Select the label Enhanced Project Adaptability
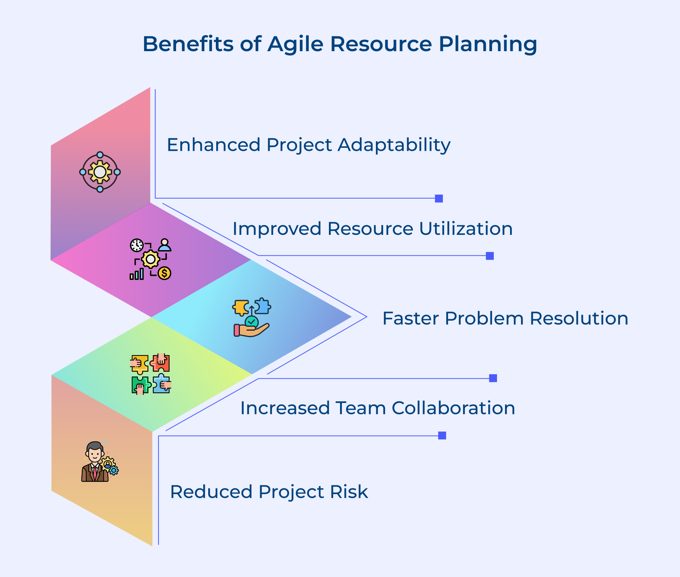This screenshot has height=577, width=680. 308,145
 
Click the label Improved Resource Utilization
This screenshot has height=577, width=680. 372,229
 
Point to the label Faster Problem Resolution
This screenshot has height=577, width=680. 505,318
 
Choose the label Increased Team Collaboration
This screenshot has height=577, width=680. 377,408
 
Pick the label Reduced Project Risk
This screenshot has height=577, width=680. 269,492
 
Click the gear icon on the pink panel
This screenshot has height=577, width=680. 100,172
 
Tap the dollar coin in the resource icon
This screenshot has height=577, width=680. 164,273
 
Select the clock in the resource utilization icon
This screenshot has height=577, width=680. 136,245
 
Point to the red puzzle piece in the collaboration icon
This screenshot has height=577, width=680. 160,363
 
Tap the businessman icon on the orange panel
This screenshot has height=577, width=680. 96,462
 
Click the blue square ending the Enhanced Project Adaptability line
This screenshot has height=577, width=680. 439,199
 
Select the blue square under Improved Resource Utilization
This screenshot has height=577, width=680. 490,256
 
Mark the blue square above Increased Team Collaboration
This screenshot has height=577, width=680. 493,378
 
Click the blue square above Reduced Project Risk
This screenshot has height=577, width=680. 442,436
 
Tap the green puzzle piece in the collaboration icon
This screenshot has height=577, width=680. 140,385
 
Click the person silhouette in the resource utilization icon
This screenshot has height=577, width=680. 165,245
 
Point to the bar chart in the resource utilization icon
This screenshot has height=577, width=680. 137,274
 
